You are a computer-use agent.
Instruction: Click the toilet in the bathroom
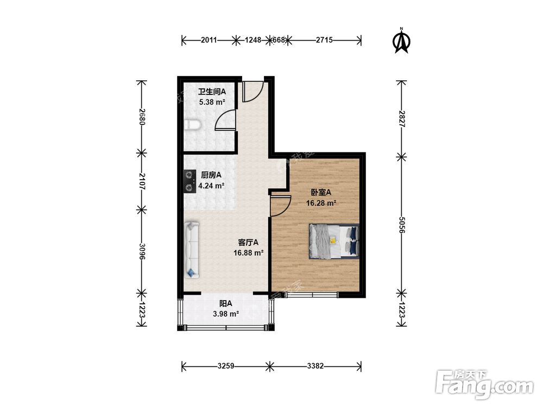tap(192, 125)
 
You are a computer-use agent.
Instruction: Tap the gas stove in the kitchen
tap(189, 181)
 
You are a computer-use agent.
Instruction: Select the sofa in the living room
tap(192, 250)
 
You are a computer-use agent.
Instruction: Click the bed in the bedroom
tap(334, 241)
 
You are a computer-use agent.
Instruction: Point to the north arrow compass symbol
tap(402, 41)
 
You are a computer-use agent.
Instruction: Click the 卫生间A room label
tap(212, 92)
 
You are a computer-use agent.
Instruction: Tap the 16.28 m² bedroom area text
tap(321, 203)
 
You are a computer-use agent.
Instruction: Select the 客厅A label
tap(248, 242)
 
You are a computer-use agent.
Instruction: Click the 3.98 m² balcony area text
tap(226, 314)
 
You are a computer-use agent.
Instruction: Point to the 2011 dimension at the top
tap(209, 40)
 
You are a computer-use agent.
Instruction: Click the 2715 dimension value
tap(324, 40)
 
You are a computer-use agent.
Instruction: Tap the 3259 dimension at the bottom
tap(226, 366)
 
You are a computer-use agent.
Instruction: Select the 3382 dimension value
tap(315, 366)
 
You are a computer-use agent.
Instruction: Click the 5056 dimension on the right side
tap(402, 225)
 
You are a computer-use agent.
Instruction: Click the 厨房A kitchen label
tap(211, 175)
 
